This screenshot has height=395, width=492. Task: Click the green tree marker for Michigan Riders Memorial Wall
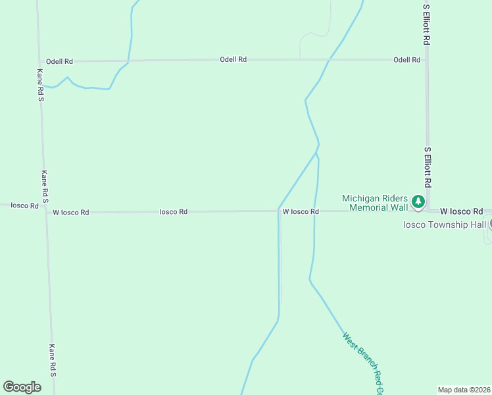(418, 201)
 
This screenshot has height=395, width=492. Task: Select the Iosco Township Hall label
(445, 224)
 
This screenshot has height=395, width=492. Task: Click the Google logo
(22, 387)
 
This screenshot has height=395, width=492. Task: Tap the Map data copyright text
(464, 390)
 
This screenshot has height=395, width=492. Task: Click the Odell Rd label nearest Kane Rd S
(59, 61)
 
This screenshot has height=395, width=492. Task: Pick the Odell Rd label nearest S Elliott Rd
(406, 60)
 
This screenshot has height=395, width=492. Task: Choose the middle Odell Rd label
(233, 60)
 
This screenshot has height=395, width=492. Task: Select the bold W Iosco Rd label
(461, 211)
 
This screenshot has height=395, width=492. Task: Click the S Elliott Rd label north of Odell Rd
(427, 24)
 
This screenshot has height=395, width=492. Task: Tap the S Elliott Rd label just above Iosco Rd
(428, 167)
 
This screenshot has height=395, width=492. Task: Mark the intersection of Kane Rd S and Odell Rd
(39, 61)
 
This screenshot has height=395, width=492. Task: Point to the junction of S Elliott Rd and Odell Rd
(426, 60)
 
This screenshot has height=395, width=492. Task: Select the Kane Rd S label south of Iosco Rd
(53, 361)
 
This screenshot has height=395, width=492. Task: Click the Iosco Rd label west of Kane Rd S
(24, 206)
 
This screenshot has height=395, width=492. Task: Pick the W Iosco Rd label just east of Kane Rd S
(70, 213)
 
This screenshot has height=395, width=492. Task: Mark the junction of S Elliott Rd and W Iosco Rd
(428, 211)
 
